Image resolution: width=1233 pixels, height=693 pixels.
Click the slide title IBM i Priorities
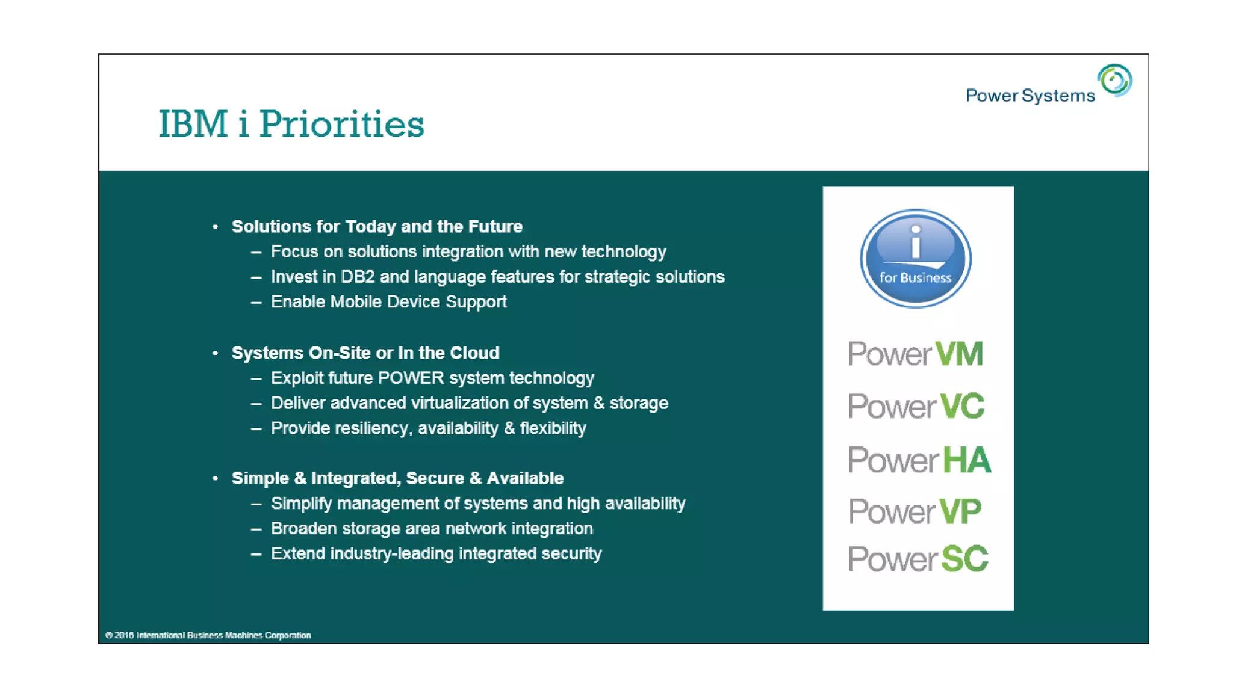(291, 124)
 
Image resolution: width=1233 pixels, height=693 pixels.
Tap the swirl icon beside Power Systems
(1114, 80)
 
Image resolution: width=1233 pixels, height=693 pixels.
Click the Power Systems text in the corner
(1030, 96)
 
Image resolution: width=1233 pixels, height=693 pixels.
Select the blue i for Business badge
(915, 259)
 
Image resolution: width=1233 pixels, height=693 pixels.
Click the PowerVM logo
(915, 354)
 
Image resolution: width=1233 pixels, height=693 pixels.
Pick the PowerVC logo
(916, 407)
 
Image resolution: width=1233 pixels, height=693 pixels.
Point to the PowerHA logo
(919, 460)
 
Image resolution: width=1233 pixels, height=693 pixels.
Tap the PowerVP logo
(915, 512)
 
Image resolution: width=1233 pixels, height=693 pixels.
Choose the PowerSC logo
(918, 559)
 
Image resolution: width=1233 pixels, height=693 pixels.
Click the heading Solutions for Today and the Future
(377, 227)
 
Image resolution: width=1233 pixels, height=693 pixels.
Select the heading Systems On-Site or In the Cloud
(365, 353)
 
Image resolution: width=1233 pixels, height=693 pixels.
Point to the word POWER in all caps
(411, 378)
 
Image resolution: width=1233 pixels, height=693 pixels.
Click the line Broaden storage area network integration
(432, 529)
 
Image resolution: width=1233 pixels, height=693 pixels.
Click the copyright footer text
(208, 635)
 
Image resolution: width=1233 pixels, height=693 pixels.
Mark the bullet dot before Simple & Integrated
(215, 478)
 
